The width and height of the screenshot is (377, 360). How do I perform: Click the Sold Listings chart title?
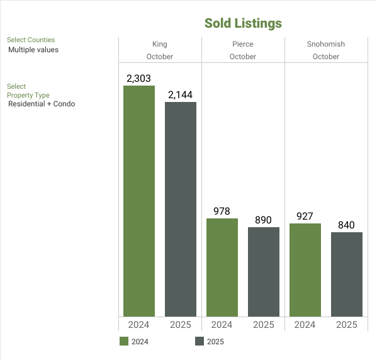(x=243, y=23)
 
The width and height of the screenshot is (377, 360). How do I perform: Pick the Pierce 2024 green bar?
(x=222, y=267)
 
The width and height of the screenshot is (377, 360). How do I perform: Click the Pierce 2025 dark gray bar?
(x=264, y=271)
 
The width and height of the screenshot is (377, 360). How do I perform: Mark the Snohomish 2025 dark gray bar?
(x=347, y=274)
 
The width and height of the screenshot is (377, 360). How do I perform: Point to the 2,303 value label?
(x=139, y=79)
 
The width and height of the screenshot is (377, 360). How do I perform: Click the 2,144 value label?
(x=181, y=95)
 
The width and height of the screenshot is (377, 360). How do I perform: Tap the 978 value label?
(x=222, y=211)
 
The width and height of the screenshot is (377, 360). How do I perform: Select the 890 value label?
(x=264, y=220)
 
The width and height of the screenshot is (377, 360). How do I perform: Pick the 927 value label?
(x=305, y=217)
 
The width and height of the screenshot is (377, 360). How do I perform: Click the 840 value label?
(x=347, y=225)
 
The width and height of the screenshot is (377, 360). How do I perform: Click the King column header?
(x=160, y=44)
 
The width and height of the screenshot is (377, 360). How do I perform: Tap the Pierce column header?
(x=243, y=44)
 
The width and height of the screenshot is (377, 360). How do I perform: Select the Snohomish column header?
(x=326, y=44)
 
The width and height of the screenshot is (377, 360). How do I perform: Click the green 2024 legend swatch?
(x=124, y=342)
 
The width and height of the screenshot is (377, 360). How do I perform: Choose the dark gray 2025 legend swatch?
(x=200, y=342)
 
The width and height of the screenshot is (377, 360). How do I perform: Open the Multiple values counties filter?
(x=33, y=50)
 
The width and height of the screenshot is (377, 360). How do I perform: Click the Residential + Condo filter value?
(x=42, y=104)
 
